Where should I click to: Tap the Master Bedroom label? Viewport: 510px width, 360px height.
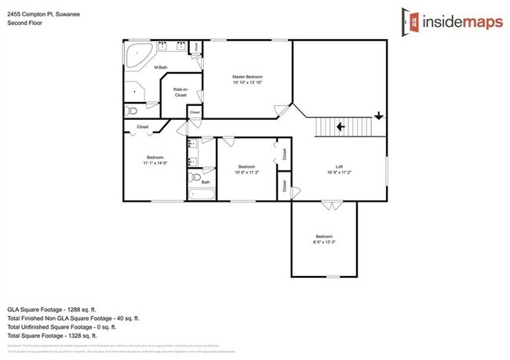click(x=246, y=77)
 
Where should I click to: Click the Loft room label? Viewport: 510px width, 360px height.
click(x=340, y=166)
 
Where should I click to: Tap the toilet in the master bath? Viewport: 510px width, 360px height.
click(x=131, y=113)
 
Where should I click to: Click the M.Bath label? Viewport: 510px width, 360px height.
click(x=161, y=67)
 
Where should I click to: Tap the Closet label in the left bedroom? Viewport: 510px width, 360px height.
click(x=143, y=126)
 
